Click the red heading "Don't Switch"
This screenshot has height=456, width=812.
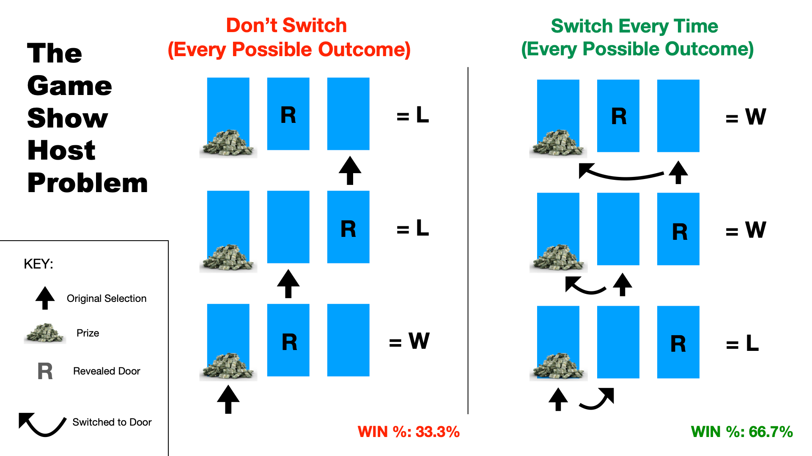286,25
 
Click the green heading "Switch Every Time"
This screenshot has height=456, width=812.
634,26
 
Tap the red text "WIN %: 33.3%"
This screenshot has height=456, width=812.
409,432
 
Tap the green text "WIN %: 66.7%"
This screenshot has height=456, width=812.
742,432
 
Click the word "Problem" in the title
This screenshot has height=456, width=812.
88,183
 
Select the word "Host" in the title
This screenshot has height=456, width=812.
61,150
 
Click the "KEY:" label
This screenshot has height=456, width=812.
38,264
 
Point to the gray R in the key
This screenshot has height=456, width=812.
45,372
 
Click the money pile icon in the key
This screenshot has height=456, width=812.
45,334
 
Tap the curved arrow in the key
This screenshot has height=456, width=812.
42,424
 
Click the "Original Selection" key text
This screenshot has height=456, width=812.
107,299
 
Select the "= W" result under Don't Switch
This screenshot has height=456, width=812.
409,341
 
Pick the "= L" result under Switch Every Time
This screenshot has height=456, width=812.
742,343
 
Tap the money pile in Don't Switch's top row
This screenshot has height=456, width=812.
228,144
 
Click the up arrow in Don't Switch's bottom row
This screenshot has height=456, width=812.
228,399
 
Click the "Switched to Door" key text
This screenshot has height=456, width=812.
112,422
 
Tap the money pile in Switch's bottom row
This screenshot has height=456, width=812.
558,366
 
